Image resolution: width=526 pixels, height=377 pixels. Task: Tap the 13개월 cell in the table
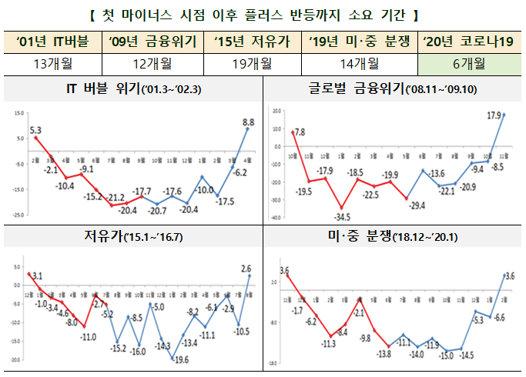tap(54, 63)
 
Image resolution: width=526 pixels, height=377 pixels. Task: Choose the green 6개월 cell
tap(469, 63)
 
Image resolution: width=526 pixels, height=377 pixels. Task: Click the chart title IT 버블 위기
tap(132, 90)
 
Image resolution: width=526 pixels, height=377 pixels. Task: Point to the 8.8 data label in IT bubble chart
tap(248, 121)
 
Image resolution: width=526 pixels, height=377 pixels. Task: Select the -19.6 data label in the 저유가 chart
tap(182, 359)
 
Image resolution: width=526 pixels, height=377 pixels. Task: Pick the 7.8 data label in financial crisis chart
tap(300, 132)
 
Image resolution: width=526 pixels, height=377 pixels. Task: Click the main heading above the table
tap(263, 13)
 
